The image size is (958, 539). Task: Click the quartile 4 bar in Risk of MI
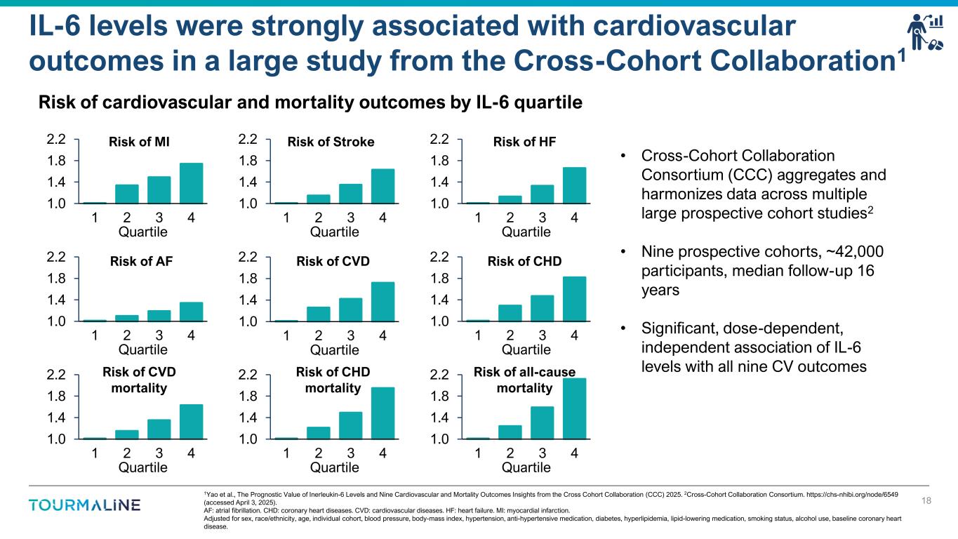coord(191,183)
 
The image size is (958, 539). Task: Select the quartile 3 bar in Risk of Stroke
coord(350,194)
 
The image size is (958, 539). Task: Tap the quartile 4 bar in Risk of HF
coord(574,185)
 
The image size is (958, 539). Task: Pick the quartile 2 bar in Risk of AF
coord(127,318)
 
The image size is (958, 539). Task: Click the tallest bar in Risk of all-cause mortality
coord(574,408)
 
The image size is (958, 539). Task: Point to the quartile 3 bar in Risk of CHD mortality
coord(350,425)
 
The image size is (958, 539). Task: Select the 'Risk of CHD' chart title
coord(524,262)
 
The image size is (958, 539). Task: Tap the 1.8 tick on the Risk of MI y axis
coord(56,161)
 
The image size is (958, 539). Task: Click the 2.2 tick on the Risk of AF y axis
coord(56,258)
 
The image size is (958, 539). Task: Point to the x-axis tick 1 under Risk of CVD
coord(287,335)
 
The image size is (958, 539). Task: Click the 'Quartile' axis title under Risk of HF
coord(526,232)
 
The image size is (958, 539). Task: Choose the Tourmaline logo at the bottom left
coord(85,505)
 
